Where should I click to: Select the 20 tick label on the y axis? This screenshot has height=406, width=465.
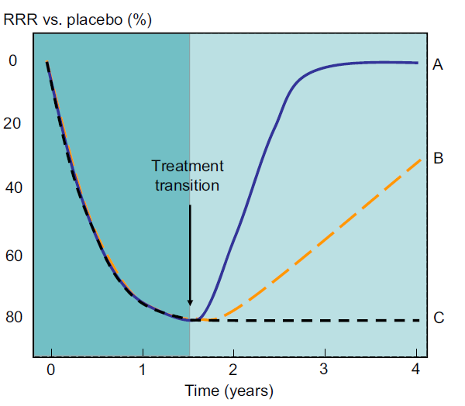[x=14, y=123]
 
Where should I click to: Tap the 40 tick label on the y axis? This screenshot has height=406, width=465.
[x=14, y=188]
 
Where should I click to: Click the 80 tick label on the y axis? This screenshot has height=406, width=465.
[x=14, y=317]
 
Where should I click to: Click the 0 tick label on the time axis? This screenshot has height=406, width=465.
[x=51, y=370]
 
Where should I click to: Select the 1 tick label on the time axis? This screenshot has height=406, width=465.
[x=143, y=370]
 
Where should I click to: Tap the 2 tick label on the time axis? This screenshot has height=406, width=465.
[x=234, y=370]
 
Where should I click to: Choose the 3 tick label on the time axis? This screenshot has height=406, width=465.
[x=325, y=370]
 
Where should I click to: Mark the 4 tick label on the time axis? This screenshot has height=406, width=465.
[x=417, y=370]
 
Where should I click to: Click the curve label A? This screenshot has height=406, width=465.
[x=438, y=65]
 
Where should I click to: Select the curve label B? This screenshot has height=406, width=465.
[x=438, y=159]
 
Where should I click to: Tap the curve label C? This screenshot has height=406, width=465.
[x=438, y=317]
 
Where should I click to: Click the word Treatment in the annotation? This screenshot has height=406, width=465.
[x=188, y=166]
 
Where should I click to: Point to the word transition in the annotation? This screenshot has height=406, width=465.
[x=188, y=185]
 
